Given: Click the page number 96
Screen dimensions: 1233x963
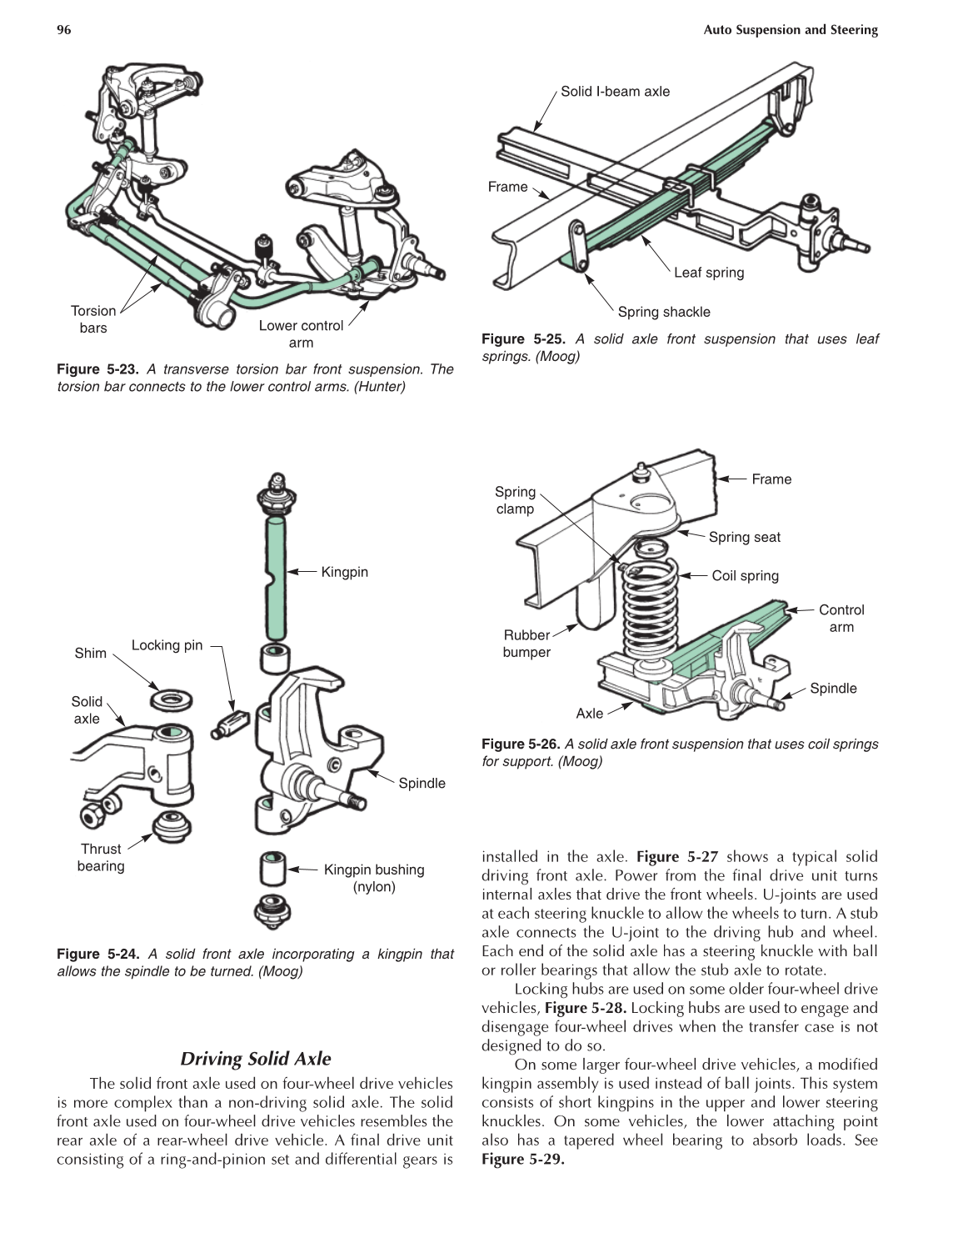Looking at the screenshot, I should click(64, 30).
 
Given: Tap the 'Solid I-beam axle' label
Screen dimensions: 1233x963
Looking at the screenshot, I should click(615, 92).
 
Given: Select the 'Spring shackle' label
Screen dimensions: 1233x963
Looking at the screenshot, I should click(664, 312).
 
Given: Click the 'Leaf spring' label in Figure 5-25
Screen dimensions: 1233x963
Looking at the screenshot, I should click(709, 273).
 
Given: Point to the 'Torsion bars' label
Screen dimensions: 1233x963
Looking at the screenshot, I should click(93, 319).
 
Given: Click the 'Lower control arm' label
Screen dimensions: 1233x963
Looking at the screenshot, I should click(301, 333).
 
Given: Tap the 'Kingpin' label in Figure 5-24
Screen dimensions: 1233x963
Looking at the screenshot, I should click(344, 572).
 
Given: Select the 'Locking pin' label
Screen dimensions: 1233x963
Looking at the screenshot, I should click(167, 645).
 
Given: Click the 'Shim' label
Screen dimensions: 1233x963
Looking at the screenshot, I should click(90, 653).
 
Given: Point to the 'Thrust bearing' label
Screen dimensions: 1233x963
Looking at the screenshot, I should click(101, 857).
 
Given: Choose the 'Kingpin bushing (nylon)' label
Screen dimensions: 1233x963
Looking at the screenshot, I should click(374, 878).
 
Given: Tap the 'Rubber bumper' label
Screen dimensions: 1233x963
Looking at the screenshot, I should click(526, 644).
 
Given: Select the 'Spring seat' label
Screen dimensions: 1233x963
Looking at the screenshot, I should click(744, 538).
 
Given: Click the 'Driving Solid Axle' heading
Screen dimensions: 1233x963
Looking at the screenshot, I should click(256, 1059).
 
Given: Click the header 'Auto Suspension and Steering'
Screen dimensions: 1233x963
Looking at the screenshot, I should click(791, 30).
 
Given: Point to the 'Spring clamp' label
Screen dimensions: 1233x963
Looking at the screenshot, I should click(515, 500).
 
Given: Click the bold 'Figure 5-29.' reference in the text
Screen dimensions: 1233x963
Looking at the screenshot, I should click(523, 1160).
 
